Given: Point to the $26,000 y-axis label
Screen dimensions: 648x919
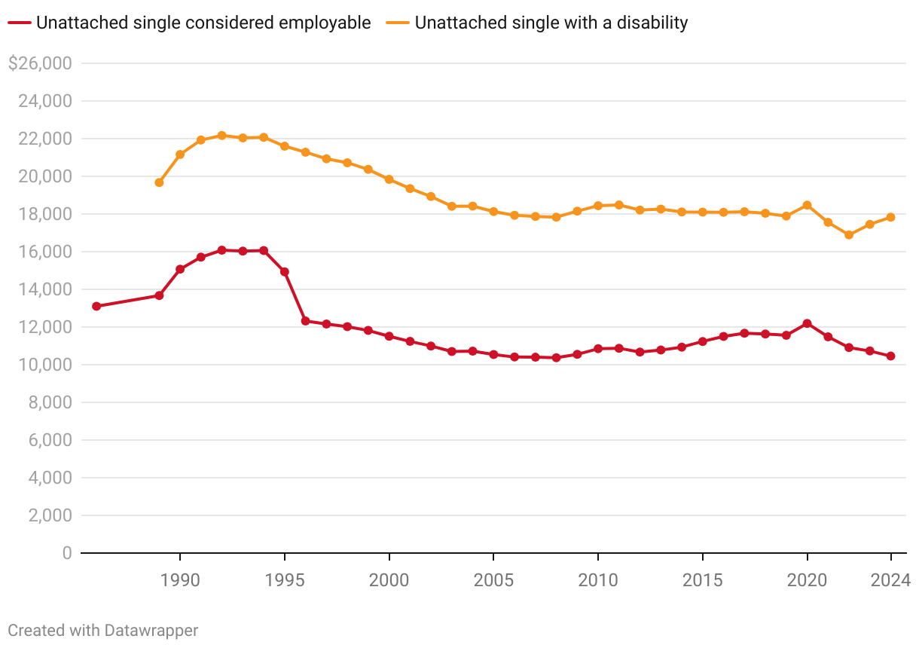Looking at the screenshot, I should pyautogui.click(x=39, y=63).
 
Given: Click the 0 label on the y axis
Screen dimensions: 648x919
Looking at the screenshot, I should pyautogui.click(x=66, y=553).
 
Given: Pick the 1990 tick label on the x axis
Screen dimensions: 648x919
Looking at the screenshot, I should pyautogui.click(x=180, y=580).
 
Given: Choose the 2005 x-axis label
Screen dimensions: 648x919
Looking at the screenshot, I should pyautogui.click(x=493, y=580).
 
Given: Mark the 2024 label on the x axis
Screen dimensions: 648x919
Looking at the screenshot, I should pyautogui.click(x=890, y=580).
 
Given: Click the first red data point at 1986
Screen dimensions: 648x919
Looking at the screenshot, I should pyautogui.click(x=96, y=306).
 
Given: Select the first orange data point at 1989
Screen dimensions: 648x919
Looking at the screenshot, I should pyautogui.click(x=159, y=182).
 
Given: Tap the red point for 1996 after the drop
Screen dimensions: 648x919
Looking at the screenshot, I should pyautogui.click(x=305, y=321).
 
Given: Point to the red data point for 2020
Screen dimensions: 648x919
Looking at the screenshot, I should pyautogui.click(x=807, y=323).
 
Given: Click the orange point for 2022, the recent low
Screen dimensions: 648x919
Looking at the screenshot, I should pyautogui.click(x=849, y=235).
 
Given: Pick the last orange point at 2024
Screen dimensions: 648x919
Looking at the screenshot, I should pyautogui.click(x=890, y=217).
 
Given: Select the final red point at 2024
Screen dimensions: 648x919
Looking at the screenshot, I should pyautogui.click(x=890, y=356).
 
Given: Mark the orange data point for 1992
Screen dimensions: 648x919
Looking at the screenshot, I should pyautogui.click(x=221, y=136).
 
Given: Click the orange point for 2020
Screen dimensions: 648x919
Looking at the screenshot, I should pyautogui.click(x=807, y=205).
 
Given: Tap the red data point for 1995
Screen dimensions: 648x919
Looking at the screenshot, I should pyautogui.click(x=285, y=271).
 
